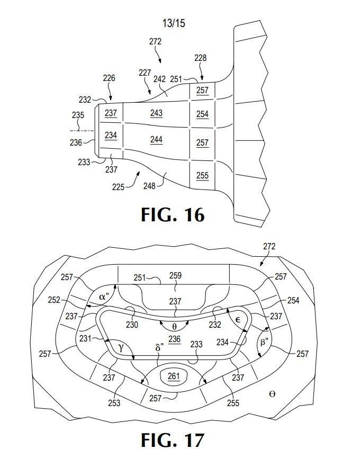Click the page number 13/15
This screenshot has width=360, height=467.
coord(174,23)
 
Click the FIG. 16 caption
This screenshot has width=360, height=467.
coord(173,214)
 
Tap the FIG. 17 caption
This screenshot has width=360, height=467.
coord(173,439)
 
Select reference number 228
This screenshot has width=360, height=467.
coord(201,58)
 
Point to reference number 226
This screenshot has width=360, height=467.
coord(109,78)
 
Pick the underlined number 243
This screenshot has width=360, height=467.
coord(156,113)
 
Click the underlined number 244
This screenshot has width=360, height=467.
coord(156,139)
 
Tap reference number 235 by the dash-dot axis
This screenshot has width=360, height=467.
coord(78,115)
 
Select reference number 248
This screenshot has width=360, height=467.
coord(149,186)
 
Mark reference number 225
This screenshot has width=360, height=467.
coord(118,187)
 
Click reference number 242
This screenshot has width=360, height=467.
coord(159,79)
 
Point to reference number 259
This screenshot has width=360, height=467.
coord(175,275)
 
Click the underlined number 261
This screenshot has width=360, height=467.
coord(174,376)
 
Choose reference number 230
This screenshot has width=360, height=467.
coord(132,325)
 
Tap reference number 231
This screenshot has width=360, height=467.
coord(85,339)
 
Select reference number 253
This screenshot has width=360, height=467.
coord(114,403)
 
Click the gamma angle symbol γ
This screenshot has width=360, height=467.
coord(121,347)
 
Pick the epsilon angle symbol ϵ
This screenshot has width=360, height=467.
coord(238,320)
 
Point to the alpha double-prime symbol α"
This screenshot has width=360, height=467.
coord(104,297)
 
